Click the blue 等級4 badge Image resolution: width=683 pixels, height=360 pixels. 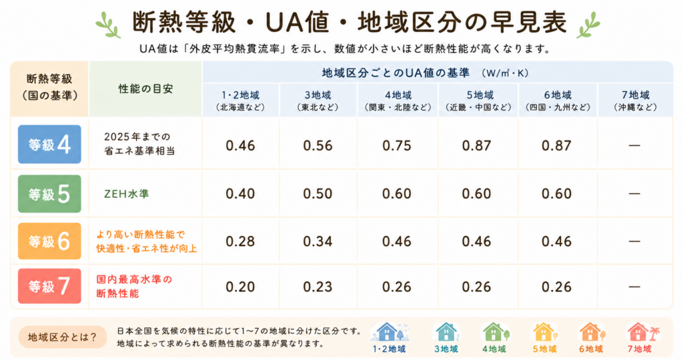[49, 144]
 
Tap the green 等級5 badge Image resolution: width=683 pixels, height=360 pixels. [49, 194]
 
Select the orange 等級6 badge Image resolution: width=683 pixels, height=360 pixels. [49, 241]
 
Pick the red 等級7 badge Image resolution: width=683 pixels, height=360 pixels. [49, 286]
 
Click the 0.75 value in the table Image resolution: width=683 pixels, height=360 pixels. [396, 145]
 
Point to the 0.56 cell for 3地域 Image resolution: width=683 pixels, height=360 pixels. [317, 145]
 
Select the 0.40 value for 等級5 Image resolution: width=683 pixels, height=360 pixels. [240, 193]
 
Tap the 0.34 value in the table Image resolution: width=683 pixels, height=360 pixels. [317, 241]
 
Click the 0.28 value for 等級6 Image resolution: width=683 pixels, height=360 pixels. [240, 241]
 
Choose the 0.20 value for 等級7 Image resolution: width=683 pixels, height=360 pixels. [240, 287]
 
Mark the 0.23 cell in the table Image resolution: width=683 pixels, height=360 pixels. [317, 287]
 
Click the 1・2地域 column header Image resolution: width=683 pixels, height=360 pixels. [240, 100]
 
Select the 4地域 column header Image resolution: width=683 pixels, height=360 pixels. [398, 100]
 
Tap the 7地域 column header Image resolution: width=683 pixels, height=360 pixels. [636, 100]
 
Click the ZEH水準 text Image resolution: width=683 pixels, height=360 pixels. [126, 194]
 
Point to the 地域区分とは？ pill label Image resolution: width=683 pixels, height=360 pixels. [62, 337]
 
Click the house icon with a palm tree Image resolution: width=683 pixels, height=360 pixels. [642, 332]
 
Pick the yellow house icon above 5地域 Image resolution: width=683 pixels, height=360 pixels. [544, 332]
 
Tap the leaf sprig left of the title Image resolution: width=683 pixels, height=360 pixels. [108, 25]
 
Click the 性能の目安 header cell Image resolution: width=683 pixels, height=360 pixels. [145, 89]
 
